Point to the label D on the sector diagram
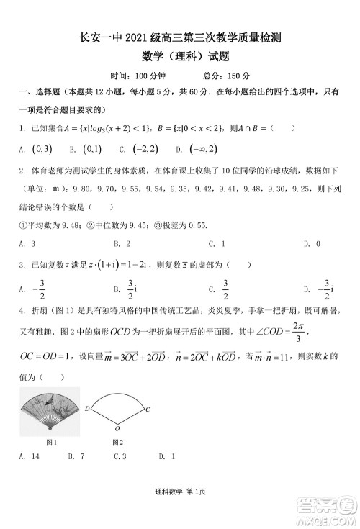tap(87, 409)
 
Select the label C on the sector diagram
tap(147, 409)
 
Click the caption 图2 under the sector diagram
tap(117, 441)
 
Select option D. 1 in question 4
tap(167, 456)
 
